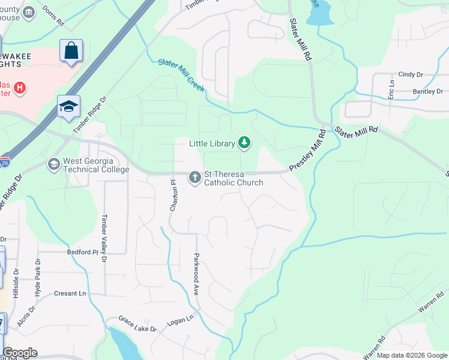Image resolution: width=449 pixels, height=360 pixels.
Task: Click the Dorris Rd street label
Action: (x=53, y=17)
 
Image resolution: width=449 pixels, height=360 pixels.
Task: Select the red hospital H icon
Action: (x=20, y=88)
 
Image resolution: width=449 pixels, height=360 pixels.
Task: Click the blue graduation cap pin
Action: (x=68, y=106)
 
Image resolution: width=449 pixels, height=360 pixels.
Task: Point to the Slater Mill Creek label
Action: (x=181, y=75)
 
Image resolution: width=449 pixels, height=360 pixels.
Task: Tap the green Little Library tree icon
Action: (x=244, y=143)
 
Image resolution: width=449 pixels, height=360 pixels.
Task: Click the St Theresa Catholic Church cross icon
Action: (x=194, y=178)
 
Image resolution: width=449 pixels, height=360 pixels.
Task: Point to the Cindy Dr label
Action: (x=411, y=74)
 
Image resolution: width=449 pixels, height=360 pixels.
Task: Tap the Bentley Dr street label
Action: (x=427, y=92)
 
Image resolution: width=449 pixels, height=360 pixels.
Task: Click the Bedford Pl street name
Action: (x=82, y=253)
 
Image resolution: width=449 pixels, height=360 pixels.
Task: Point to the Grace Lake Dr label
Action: (x=137, y=324)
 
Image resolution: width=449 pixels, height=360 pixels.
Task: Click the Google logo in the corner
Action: (x=20, y=353)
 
